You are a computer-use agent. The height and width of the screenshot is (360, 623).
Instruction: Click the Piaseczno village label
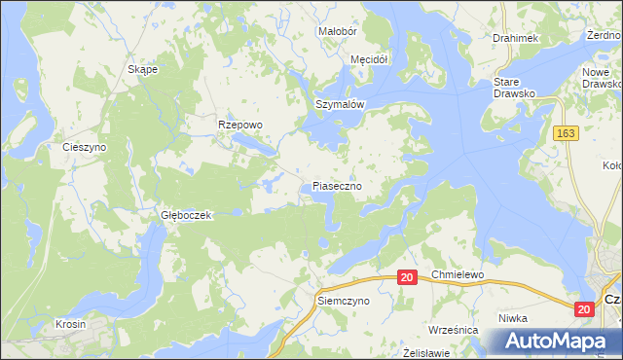click(x=338, y=185)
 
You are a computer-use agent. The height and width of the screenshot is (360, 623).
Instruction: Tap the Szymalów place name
click(x=339, y=104)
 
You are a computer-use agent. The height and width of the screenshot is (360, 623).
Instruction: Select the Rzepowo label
click(x=240, y=125)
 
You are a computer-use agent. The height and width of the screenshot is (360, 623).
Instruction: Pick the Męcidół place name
click(x=369, y=59)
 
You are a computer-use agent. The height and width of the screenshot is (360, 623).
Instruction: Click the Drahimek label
click(x=515, y=38)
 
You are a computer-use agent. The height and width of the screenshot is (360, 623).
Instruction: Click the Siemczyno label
click(x=344, y=302)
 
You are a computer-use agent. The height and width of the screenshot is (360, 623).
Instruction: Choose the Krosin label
click(x=70, y=324)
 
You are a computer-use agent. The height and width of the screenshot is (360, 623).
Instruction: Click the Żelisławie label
click(x=427, y=351)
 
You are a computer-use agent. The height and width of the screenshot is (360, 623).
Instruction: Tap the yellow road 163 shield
click(x=566, y=132)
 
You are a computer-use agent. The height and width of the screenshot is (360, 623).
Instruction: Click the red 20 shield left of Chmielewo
click(x=407, y=278)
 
